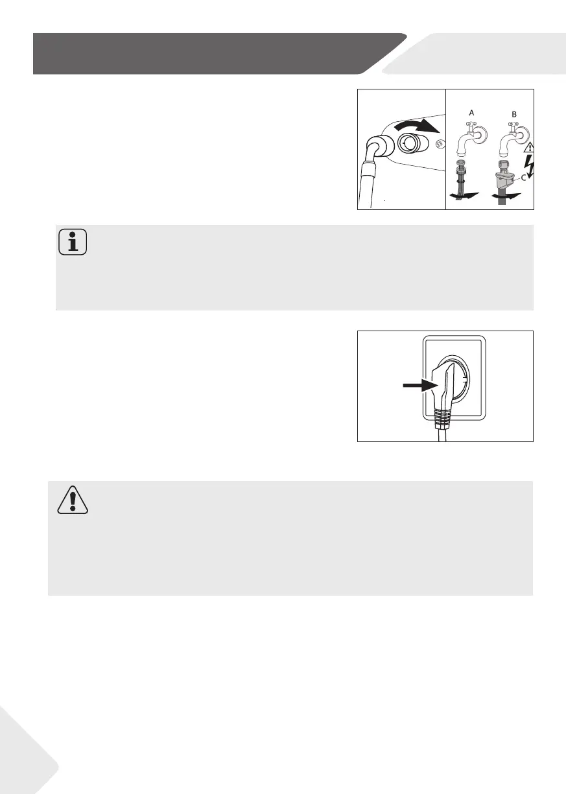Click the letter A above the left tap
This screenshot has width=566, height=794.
coord(472,112)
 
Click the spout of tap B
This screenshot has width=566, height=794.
coord(505,146)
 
